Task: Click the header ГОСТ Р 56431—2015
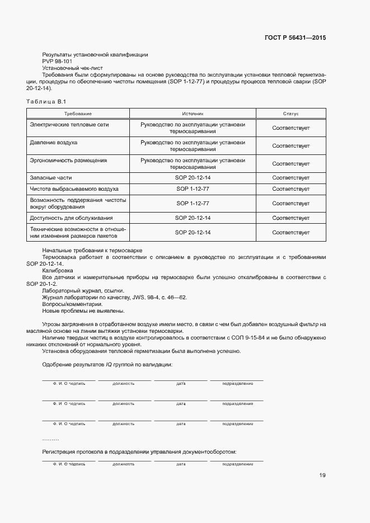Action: (x=294, y=38)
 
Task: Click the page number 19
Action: (x=322, y=475)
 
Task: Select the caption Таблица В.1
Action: (x=46, y=101)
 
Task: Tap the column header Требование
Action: (x=78, y=114)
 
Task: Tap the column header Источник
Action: (x=193, y=114)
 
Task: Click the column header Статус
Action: (x=291, y=114)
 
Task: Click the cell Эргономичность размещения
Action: (x=68, y=160)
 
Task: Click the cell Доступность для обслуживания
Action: (x=71, y=218)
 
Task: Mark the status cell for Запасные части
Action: (x=291, y=177)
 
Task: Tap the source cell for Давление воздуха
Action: (x=193, y=145)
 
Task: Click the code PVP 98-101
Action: (x=57, y=61)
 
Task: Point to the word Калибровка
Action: (x=57, y=270)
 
